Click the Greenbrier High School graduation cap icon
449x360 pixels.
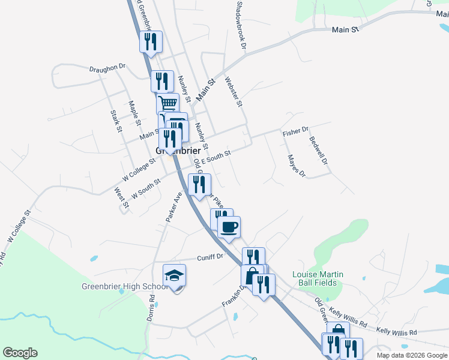[x=174, y=275]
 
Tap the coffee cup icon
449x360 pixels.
[x=229, y=227]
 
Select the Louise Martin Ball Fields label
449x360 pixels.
[x=318, y=279]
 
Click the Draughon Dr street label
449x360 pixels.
[x=107, y=68]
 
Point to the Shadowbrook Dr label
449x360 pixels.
[x=241, y=25]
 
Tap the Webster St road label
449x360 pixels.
[x=233, y=91]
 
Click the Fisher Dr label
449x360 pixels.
[x=295, y=130]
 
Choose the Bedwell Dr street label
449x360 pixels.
[x=318, y=150]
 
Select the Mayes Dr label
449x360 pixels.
[x=297, y=166]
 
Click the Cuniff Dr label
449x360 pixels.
[x=210, y=257]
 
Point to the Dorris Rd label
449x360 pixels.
[x=151, y=307]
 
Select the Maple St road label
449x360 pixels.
[x=134, y=113]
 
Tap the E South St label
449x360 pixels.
[x=215, y=157]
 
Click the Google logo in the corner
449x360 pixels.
[x=20, y=353]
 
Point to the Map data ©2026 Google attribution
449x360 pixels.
[x=412, y=355]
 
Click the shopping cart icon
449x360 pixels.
[x=168, y=103]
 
